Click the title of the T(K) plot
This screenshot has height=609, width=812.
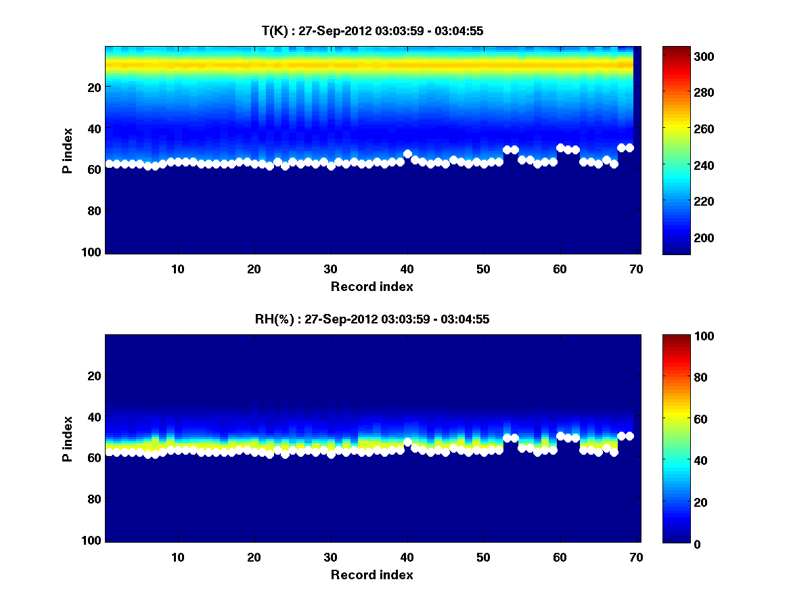point(372,30)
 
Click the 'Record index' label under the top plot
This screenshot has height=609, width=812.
point(371,286)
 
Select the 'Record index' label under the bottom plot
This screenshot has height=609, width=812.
point(371,574)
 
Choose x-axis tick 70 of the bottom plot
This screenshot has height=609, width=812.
point(636,557)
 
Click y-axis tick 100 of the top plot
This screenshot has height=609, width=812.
point(93,252)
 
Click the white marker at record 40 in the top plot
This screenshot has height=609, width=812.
point(407,154)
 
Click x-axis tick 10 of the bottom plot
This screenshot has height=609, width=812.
point(178,557)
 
